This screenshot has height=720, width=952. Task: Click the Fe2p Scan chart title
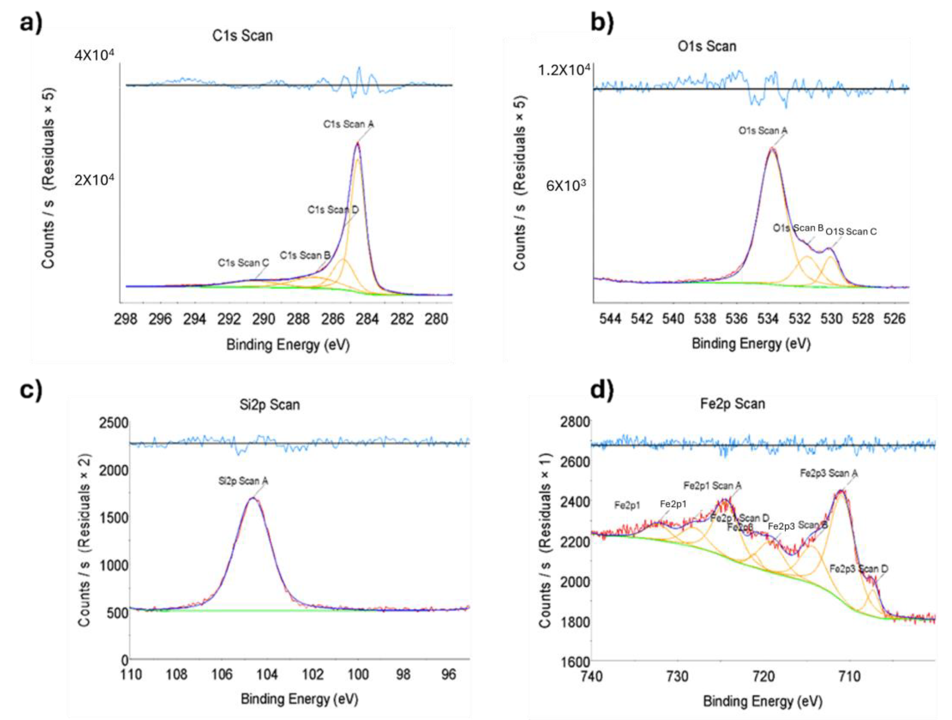733,404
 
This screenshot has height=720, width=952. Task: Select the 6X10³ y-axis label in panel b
566,186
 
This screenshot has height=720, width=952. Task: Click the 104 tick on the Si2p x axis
267,674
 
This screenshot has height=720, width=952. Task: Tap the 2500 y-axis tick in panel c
114,423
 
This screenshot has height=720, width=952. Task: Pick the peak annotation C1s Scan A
348,124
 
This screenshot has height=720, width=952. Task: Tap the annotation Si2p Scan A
243,481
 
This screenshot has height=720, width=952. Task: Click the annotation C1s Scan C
243,262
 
